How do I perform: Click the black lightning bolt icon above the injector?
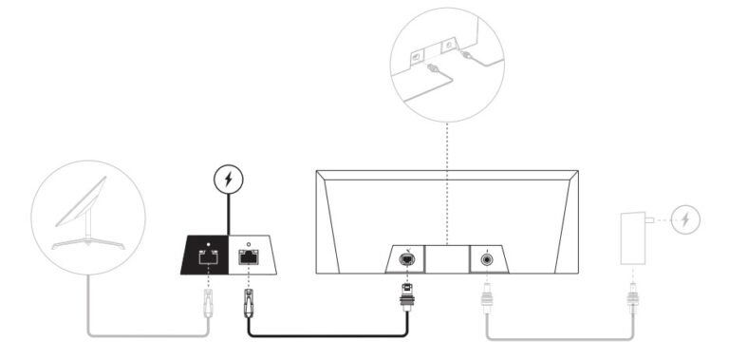[x=228, y=178]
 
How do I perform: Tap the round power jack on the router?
[x=488, y=258]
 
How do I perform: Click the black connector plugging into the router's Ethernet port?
[x=406, y=298]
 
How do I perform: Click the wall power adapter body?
[x=629, y=237]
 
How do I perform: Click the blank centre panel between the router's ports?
[x=447, y=258]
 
